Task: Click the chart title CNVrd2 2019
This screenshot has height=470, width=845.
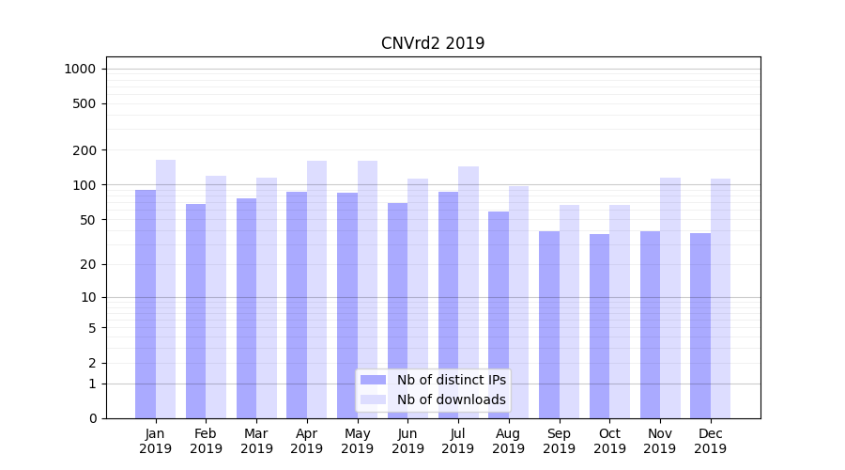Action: click(x=433, y=43)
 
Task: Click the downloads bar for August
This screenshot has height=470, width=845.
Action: click(x=518, y=302)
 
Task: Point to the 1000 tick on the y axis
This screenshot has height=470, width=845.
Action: click(x=80, y=69)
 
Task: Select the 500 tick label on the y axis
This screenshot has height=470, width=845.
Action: click(x=84, y=103)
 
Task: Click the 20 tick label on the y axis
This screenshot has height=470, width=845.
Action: click(x=88, y=264)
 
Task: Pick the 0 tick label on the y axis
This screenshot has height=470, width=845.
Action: click(x=92, y=418)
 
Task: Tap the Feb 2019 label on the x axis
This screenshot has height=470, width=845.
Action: click(x=206, y=441)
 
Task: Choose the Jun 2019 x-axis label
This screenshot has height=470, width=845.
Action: click(x=407, y=441)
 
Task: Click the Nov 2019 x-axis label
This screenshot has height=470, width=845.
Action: click(x=660, y=441)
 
